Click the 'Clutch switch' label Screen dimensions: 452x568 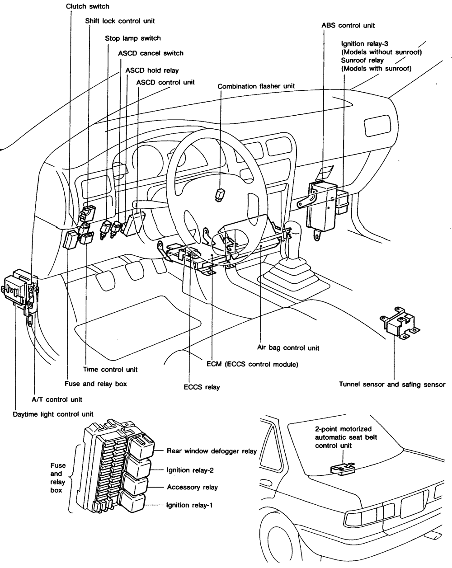pos(87,7)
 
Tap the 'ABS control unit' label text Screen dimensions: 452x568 pos(348,26)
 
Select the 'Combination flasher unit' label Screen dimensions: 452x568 pos(256,86)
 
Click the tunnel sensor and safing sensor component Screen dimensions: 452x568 pos(400,324)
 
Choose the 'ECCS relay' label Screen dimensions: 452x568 pos(202,387)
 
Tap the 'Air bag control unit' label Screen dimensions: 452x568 pos(288,348)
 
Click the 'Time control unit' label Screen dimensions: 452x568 pos(110,370)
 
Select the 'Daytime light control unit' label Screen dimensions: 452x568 pos(53,414)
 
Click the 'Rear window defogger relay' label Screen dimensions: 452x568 pos(212,451)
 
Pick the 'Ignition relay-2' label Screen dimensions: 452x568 pos(190,470)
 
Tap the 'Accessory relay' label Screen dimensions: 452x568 pos(192,487)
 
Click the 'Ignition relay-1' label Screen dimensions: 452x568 pos(189,505)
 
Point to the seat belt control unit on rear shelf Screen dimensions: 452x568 pos(343,469)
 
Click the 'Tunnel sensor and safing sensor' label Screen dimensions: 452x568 pos(392,384)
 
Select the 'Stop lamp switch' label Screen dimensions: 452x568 pos(133,38)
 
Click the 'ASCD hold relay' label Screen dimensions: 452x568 pos(152,71)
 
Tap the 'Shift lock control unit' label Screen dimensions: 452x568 pos(120,21)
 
